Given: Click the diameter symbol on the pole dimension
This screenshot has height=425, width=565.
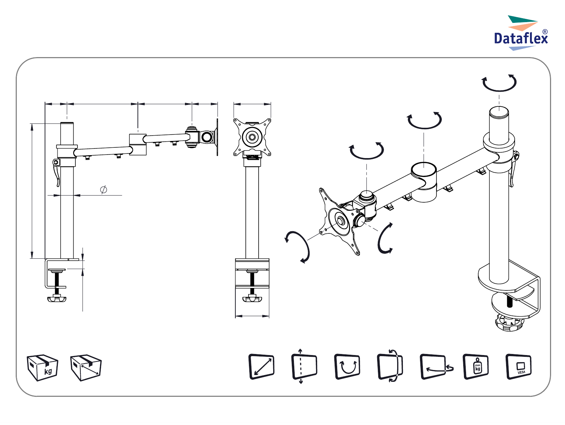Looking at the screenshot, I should pos(104,189).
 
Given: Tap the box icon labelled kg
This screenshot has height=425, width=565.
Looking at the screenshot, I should pos(42,368).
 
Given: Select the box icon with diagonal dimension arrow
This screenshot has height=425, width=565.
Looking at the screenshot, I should pos(86,368).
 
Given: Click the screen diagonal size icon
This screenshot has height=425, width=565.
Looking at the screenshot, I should pos(261,367).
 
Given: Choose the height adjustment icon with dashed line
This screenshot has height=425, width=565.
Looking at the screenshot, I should pos(304,366).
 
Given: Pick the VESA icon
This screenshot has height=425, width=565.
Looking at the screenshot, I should pos(519,366).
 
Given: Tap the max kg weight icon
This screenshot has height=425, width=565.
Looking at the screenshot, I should pos(476,366).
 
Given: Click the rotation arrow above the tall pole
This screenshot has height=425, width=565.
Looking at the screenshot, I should pos(499,83).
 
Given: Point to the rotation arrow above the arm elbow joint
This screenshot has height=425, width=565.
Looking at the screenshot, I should pos(425,120).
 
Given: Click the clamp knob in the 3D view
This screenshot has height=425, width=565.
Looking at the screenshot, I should pos(509,323).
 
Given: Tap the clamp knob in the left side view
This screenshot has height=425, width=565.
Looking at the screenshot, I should pos(57,298).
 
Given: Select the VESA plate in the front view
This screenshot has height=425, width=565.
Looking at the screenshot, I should pos(252,137).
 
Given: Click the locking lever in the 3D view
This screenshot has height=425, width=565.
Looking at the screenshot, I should pos(514,168).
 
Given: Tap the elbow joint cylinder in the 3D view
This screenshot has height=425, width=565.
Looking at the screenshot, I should pos(424,182).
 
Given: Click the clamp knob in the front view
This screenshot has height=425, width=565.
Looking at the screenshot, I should pos(252,299).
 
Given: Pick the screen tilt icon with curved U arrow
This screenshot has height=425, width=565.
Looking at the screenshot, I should pos(347,366).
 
